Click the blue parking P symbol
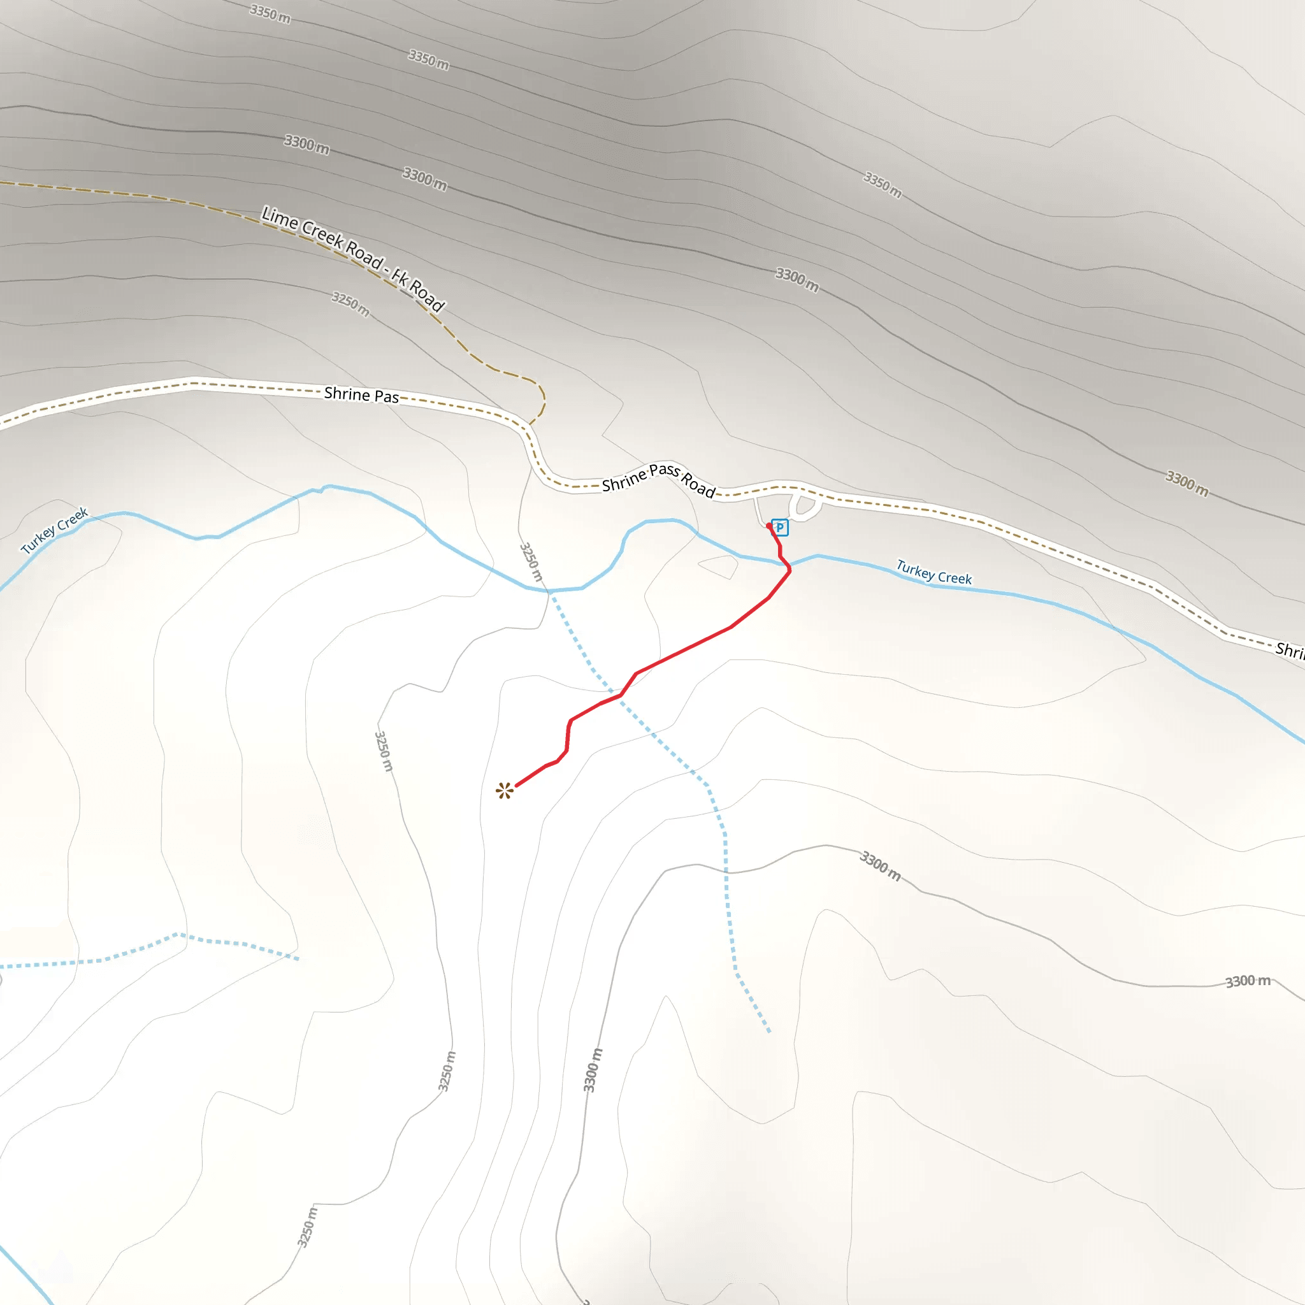tap(779, 528)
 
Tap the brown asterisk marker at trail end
tap(505, 791)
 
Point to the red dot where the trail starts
tap(768, 526)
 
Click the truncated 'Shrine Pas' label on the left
tap(361, 394)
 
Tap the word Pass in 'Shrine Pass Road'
tap(664, 470)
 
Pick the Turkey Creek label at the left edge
tap(55, 530)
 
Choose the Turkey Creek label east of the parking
tap(934, 572)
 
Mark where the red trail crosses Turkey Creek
tap(784, 561)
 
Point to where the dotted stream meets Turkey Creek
tap(550, 591)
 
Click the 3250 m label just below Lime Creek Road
tap(350, 303)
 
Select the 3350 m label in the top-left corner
tap(270, 13)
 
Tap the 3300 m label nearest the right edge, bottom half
tap(1248, 981)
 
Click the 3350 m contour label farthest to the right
tap(882, 184)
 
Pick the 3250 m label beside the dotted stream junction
tap(531, 561)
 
